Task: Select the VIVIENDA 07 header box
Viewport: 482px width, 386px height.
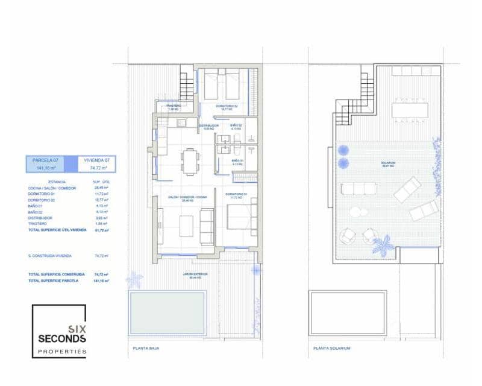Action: pos(96,164)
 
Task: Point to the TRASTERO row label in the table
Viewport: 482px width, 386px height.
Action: pos(37,224)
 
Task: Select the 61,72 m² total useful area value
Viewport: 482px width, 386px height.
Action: pos(101,230)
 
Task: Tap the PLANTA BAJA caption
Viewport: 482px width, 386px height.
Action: pos(146,348)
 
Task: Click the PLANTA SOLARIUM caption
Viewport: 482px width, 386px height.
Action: pos(332,348)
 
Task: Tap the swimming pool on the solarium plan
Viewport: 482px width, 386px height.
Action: pos(348,313)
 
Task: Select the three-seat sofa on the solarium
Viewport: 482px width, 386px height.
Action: pos(358,189)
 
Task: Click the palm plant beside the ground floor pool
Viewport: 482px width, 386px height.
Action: pos(134,280)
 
